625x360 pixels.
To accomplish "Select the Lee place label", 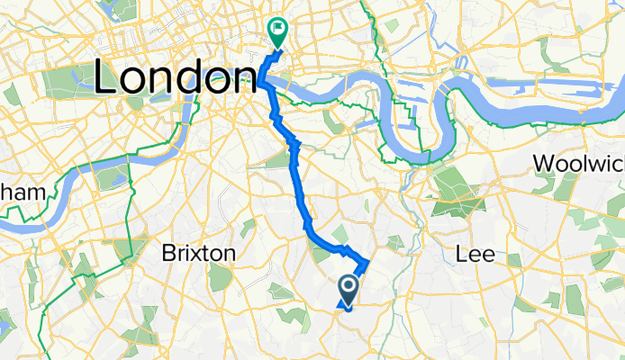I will pos(476,254).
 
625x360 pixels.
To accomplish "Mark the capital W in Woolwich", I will pos(545,164).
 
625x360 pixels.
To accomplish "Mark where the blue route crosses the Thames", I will pos(263,83).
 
